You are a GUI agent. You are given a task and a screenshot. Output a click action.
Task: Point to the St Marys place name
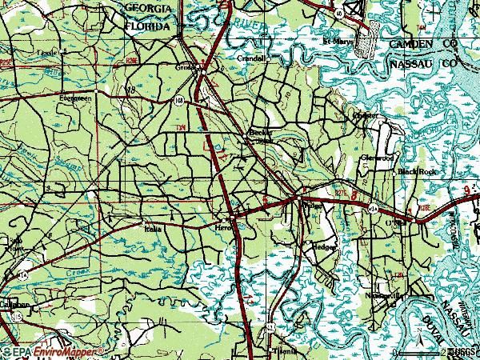pos(337,42)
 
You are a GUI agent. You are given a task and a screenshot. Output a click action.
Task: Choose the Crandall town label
pos(250,58)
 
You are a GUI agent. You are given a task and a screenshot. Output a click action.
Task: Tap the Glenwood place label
pos(378,158)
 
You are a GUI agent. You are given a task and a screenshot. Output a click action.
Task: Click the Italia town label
pos(151,230)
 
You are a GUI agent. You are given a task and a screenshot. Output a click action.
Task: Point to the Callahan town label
pos(14,304)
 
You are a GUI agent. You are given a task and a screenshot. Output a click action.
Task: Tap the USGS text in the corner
pos(463,351)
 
